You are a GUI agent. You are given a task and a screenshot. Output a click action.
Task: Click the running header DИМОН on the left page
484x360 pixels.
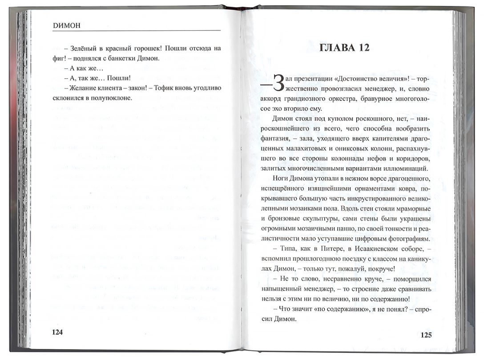65,26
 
